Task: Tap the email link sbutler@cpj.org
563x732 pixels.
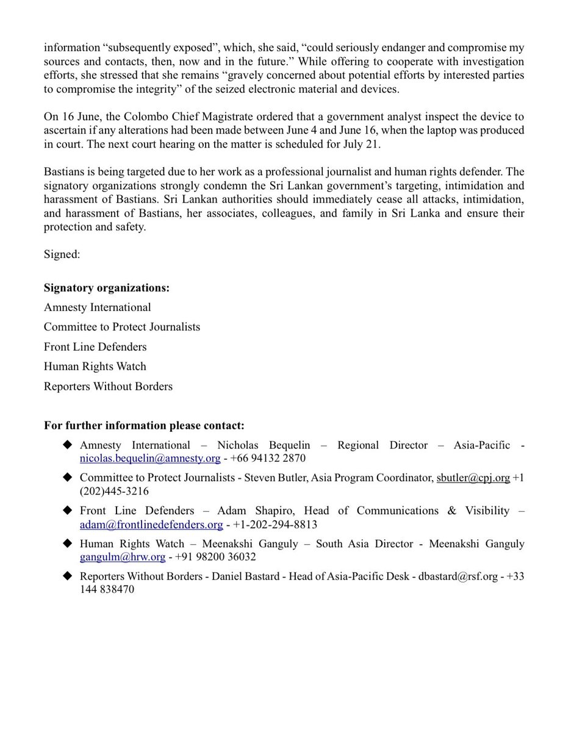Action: pos(473,478)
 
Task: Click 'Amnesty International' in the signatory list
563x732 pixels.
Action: pos(97,307)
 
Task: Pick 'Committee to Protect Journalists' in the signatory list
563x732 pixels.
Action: pos(122,327)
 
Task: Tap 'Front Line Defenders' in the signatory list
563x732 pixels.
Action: pos(95,346)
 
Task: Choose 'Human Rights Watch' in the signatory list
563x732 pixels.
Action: pos(95,367)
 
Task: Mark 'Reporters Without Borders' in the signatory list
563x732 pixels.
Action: pos(108,386)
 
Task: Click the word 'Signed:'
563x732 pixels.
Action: pos(62,254)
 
